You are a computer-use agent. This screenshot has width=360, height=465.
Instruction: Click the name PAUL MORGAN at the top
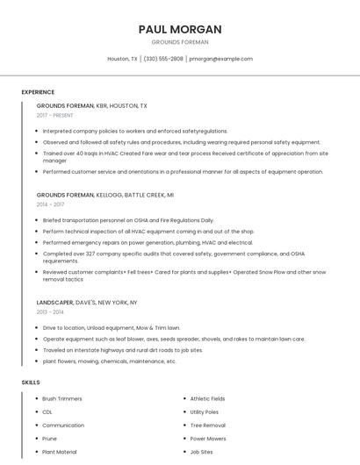tap(180, 29)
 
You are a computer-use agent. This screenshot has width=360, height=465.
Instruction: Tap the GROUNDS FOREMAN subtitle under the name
tap(180, 41)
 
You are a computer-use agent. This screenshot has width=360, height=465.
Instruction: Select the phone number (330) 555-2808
tap(163, 59)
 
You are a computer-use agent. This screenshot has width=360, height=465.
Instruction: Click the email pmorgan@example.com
tap(220, 59)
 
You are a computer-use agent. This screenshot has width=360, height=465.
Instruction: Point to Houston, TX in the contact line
tap(122, 59)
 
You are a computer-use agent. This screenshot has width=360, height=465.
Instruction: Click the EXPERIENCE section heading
tap(38, 92)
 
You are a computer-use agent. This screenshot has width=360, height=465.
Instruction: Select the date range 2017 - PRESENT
tap(55, 116)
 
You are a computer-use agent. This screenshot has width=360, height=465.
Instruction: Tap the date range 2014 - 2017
tap(50, 204)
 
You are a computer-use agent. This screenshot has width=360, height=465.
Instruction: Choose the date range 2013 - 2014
tap(50, 311)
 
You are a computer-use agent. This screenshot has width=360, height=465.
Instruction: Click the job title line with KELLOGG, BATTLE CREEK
tap(105, 195)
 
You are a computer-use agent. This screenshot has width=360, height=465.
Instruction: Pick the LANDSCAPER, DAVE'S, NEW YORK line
tap(87, 302)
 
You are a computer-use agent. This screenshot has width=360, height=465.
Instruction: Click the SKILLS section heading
tap(31, 383)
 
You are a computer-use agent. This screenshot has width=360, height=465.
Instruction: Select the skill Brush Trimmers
tap(62, 398)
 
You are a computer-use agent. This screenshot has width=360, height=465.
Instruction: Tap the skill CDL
tap(47, 411)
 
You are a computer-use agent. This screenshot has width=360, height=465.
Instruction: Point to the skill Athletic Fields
tap(207, 398)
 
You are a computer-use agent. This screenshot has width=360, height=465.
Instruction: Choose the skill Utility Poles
tap(205, 411)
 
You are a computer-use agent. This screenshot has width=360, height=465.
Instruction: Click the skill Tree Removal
tap(207, 425)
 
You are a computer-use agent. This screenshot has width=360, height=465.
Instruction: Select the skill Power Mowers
tap(208, 438)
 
